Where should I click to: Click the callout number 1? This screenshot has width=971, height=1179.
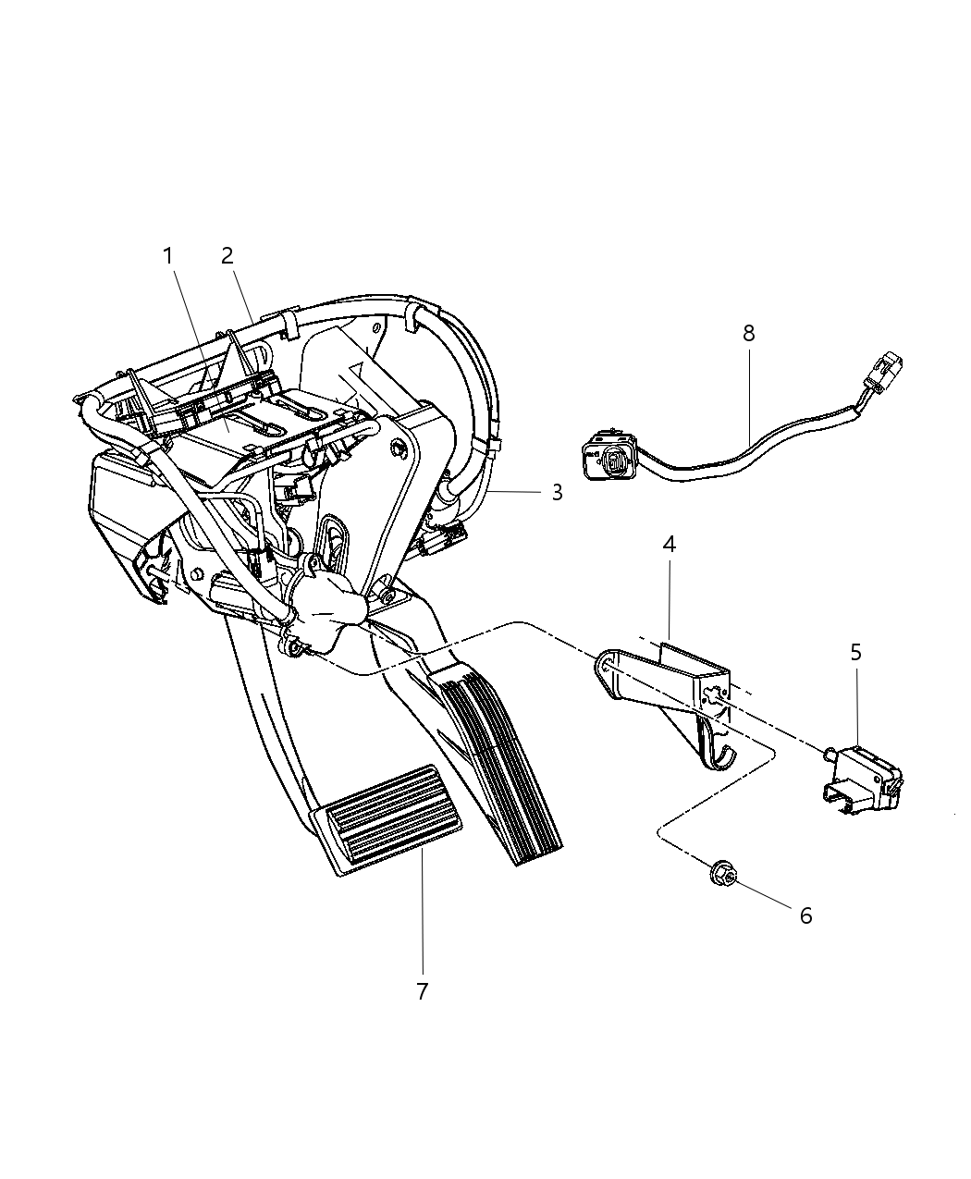[168, 256]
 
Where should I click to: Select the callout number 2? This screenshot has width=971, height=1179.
[227, 256]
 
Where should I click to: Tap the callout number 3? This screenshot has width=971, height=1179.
[557, 494]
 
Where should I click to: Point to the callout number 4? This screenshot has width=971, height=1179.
[669, 545]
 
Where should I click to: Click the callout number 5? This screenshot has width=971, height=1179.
[855, 652]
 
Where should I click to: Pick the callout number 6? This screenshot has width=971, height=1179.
[805, 915]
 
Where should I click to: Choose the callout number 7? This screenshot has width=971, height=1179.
[422, 991]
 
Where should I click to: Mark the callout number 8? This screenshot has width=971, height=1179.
[748, 333]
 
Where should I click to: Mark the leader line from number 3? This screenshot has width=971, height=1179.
[518, 493]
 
